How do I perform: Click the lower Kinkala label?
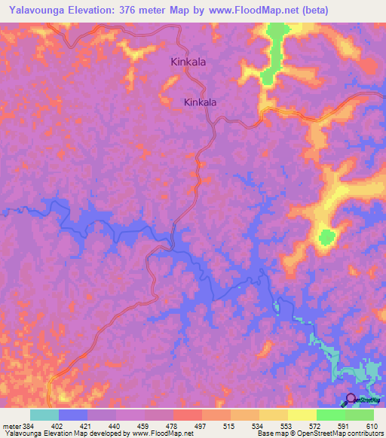pos(201,102)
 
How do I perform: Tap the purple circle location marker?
pos(351,399)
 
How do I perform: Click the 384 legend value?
pos(29,425)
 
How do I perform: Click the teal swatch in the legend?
pos(44,415)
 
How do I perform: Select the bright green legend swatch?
pos(331,415)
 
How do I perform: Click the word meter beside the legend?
pos(11,425)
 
